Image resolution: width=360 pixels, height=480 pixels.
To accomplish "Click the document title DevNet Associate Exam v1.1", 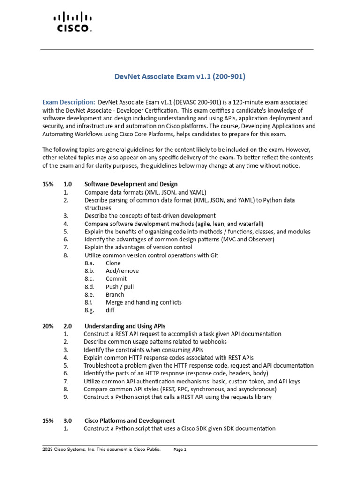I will pyautogui.click(x=180, y=76).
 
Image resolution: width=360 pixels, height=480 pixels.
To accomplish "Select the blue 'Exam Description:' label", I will pyautogui.click(x=69, y=102).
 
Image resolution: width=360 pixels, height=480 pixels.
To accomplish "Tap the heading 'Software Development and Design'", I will pyautogui.click(x=131, y=184).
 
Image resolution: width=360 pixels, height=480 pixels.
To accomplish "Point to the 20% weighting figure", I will pyautogui.click(x=48, y=326).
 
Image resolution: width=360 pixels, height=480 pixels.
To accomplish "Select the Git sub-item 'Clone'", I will pyautogui.click(x=113, y=263).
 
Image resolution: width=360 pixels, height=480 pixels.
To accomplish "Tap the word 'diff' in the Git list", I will pyautogui.click(x=110, y=310).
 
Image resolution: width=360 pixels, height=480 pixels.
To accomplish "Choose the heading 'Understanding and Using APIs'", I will pyautogui.click(x=125, y=326).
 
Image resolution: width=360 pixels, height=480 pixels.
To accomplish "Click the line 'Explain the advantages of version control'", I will pyautogui.click(x=138, y=247).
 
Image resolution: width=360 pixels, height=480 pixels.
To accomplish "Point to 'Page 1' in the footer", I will pyautogui.click(x=180, y=450).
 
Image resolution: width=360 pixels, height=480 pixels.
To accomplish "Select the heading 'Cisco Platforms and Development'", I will pyautogui.click(x=130, y=420).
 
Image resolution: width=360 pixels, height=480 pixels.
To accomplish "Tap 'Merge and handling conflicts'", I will pyautogui.click(x=143, y=302).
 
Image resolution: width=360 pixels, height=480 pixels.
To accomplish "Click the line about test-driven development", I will pyautogui.click(x=150, y=216).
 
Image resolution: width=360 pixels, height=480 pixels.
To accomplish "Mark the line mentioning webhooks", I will pyautogui.click(x=148, y=342).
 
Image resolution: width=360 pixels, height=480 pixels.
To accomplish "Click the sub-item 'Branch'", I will pyautogui.click(x=115, y=294).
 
